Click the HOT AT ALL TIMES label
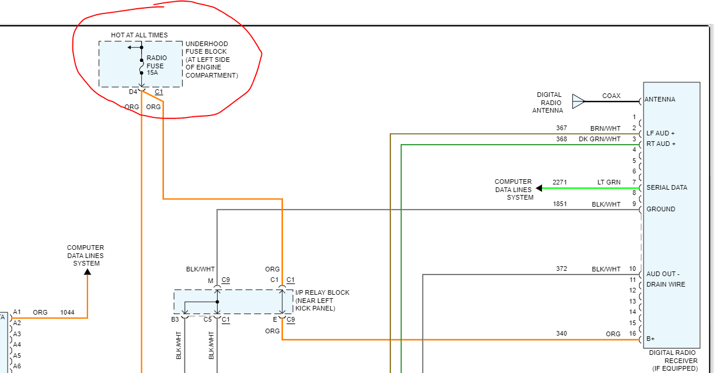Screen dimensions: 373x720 (139, 35)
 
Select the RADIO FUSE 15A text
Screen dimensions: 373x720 (156, 65)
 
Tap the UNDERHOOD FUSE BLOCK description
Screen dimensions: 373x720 (211, 60)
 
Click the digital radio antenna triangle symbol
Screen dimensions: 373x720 (578, 102)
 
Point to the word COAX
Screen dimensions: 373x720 (611, 96)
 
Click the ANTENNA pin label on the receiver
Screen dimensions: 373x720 (660, 100)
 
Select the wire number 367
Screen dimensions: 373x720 (561, 128)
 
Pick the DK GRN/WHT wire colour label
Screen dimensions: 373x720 (599, 139)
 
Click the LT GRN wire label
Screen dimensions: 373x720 (609, 182)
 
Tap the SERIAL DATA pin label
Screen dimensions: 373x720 (667, 187)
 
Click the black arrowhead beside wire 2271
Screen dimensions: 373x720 (539, 188)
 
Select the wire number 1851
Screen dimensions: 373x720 (560, 204)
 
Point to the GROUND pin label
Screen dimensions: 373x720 (661, 209)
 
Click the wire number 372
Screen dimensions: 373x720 (561, 269)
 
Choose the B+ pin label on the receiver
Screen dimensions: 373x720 (651, 339)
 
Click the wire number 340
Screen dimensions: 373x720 (561, 334)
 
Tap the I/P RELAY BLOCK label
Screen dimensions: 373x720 (322, 300)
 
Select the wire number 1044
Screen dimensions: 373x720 (68, 312)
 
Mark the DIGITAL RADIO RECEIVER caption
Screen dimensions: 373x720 (673, 360)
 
